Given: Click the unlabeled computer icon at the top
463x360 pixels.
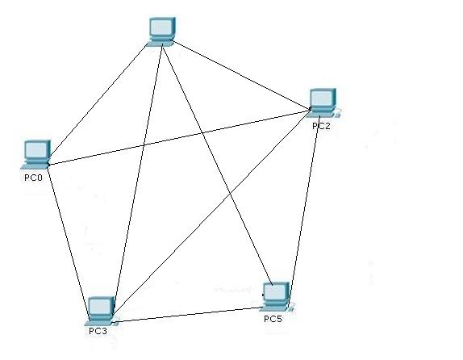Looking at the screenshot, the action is pyautogui.click(x=161, y=31).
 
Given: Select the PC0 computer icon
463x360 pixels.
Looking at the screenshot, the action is pyautogui.click(x=35, y=154).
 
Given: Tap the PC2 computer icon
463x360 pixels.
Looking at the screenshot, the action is pyautogui.click(x=323, y=103).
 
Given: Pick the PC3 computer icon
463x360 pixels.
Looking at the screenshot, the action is pyautogui.click(x=102, y=311).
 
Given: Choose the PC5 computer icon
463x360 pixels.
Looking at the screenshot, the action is pyautogui.click(x=277, y=297).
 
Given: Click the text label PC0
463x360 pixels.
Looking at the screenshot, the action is pyautogui.click(x=33, y=178).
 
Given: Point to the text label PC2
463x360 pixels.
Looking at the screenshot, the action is pyautogui.click(x=321, y=126).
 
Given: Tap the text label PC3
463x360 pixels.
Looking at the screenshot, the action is pyautogui.click(x=98, y=331).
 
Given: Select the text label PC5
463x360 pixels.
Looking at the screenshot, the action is pyautogui.click(x=273, y=319).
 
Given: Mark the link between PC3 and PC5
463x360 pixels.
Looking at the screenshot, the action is pyautogui.click(x=190, y=315).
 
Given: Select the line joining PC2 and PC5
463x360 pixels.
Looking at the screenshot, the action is pyautogui.click(x=304, y=210).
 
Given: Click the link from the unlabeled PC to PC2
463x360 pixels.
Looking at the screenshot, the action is pyautogui.click(x=240, y=75).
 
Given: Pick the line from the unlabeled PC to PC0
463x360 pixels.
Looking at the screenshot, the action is pyautogui.click(x=98, y=101).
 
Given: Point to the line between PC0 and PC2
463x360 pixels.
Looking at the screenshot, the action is pyautogui.click(x=180, y=137).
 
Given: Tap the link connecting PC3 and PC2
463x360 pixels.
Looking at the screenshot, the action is pyautogui.click(x=212, y=212).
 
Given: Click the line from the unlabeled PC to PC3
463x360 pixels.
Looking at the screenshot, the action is pyautogui.click(x=138, y=179).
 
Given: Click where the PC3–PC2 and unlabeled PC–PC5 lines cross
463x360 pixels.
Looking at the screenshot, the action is pyautogui.click(x=231, y=193).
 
